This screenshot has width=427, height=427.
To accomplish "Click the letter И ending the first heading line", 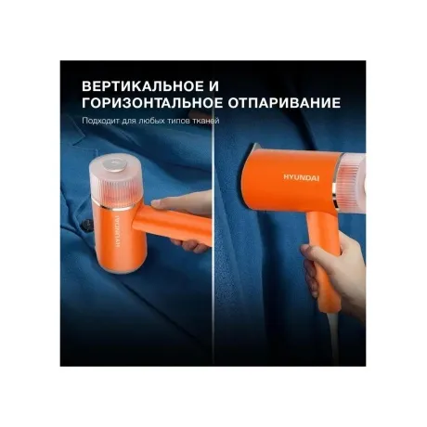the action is coord(213,86).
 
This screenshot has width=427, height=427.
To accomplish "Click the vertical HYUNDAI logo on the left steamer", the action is coord(118,229).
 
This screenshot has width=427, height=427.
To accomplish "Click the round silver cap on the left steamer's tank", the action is coord(114,163).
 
